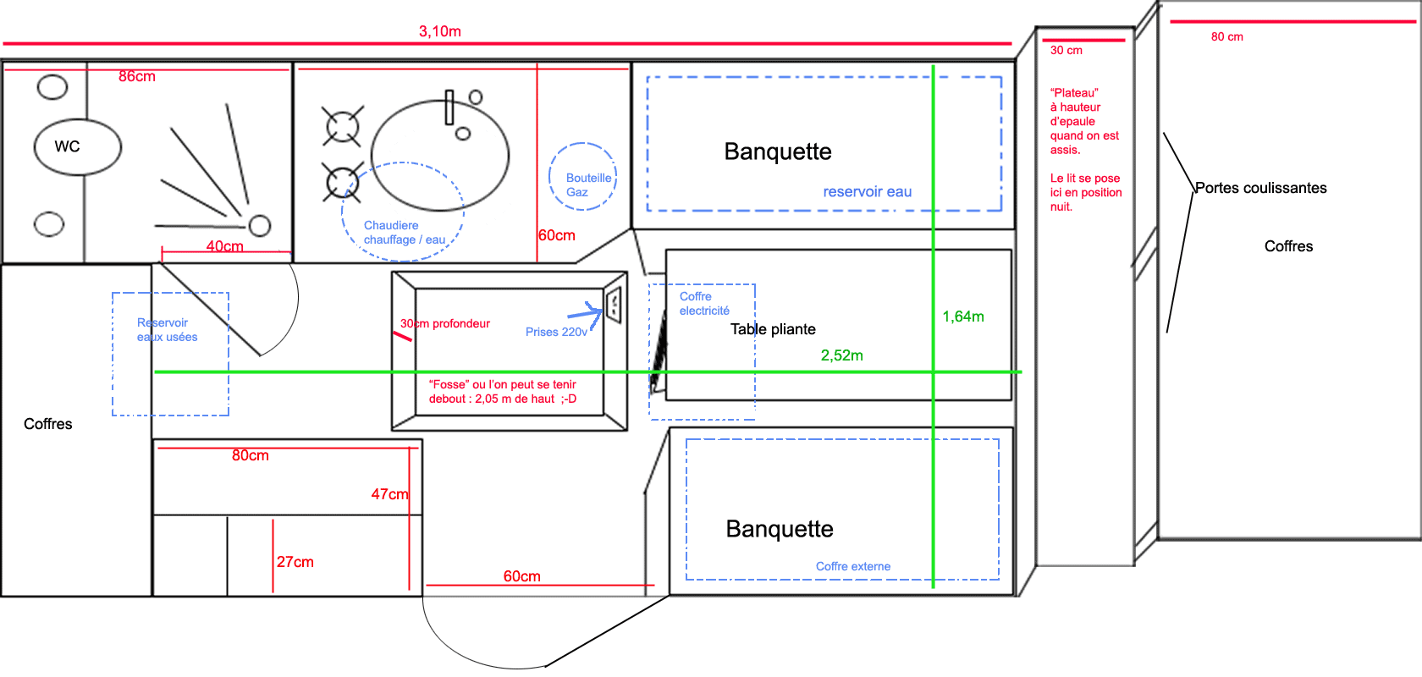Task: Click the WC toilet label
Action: click(67, 146)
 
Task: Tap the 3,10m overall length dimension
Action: click(440, 32)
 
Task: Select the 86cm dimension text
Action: click(137, 77)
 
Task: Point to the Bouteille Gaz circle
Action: click(583, 177)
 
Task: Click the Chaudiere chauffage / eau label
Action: click(404, 233)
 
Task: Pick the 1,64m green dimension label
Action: click(963, 316)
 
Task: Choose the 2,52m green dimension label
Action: click(842, 355)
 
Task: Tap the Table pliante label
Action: click(773, 329)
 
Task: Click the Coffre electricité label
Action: click(703, 304)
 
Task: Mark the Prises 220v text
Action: click(556, 332)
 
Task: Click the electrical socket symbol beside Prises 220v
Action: click(614, 305)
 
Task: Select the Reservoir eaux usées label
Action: click(167, 330)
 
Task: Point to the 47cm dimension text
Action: click(389, 494)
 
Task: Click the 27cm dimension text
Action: click(295, 562)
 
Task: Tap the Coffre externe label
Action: click(853, 566)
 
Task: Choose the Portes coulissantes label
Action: click(1260, 188)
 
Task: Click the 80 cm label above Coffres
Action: click(1226, 37)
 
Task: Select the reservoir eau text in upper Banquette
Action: click(868, 192)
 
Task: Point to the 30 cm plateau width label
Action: click(1066, 51)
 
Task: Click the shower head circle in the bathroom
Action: click(260, 225)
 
